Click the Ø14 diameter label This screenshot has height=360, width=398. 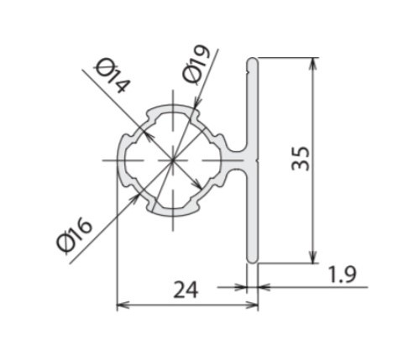[x=113, y=76]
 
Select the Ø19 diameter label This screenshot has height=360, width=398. [x=196, y=64]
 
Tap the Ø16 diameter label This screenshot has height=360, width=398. [x=74, y=235]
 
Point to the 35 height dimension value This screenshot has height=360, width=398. [x=301, y=159]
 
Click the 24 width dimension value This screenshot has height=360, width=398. [x=186, y=290]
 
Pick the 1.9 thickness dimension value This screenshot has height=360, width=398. [x=342, y=274]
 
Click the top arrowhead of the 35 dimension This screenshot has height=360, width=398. [x=313, y=63]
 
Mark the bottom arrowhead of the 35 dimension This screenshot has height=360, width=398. [x=313, y=257]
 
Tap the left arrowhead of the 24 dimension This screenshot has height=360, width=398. [x=123, y=305]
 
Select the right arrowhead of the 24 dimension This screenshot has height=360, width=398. [x=251, y=305]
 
